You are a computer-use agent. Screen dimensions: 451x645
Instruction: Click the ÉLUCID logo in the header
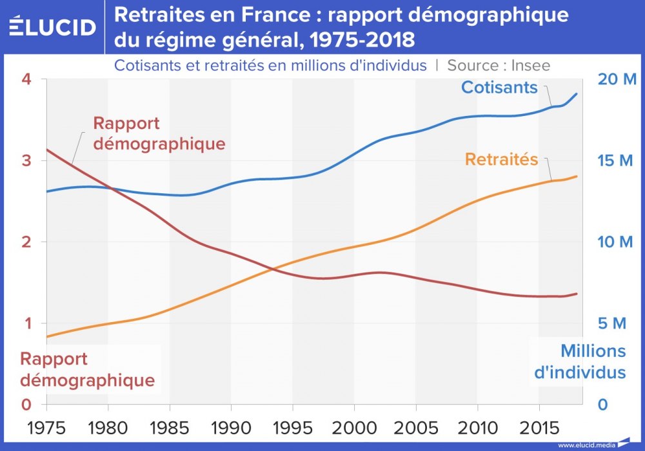click(x=53, y=26)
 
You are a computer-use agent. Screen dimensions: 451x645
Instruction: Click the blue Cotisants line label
click(x=499, y=87)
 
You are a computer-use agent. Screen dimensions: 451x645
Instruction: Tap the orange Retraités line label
click(x=501, y=159)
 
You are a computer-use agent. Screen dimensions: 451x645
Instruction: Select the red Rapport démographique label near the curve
click(x=159, y=133)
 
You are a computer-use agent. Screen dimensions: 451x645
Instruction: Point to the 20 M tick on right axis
click(x=617, y=79)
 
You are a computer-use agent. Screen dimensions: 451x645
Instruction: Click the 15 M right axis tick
click(x=617, y=160)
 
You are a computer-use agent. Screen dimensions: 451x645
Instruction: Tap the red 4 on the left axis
click(x=26, y=79)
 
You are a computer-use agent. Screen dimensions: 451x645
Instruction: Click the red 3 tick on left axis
click(x=26, y=160)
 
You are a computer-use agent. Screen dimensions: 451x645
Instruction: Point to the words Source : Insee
click(x=499, y=65)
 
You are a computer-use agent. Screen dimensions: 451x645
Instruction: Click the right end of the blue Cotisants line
click(x=577, y=93)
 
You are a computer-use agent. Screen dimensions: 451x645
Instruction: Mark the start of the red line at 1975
click(x=47, y=149)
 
